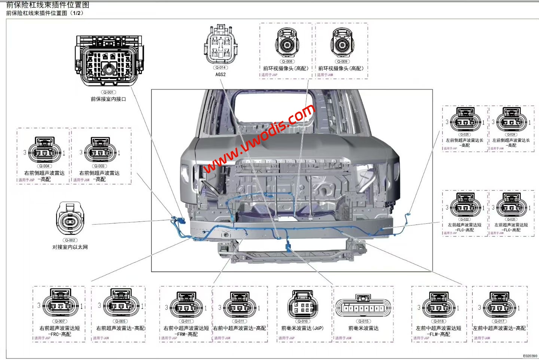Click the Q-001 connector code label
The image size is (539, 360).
point(108,92)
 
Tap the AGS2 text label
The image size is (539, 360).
point(220,74)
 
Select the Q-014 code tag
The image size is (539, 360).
point(220,68)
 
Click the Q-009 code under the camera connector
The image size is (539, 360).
point(342,61)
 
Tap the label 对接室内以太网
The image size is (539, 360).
point(70,247)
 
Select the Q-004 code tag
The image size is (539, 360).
point(44,166)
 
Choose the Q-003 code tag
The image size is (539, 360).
point(100,166)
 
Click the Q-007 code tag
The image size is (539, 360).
point(60,321)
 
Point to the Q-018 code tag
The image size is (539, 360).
point(439,321)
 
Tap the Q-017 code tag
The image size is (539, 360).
point(499,321)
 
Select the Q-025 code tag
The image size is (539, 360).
point(465,134)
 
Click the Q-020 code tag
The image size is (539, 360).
point(511,219)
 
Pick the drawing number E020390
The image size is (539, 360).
point(530,356)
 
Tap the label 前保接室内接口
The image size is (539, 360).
point(108,99)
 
